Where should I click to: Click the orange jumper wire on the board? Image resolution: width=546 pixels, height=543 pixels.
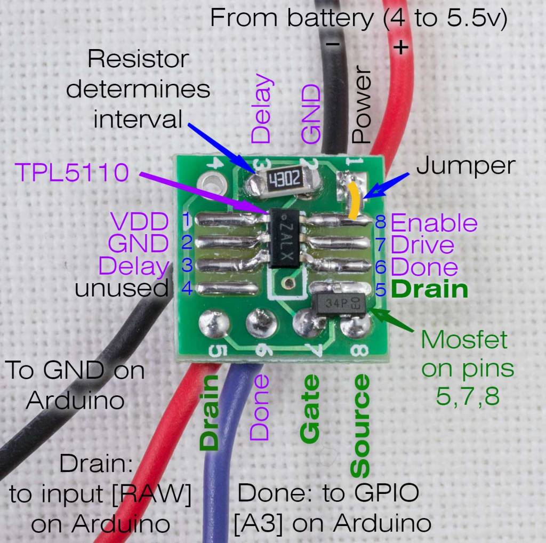(x=354, y=200)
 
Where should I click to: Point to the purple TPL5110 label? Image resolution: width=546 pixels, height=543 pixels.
(x=73, y=172)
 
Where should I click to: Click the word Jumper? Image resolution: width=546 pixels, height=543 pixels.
(x=465, y=166)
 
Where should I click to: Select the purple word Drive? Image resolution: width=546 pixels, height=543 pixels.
(x=422, y=245)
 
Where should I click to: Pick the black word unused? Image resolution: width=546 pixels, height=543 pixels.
(x=121, y=289)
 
